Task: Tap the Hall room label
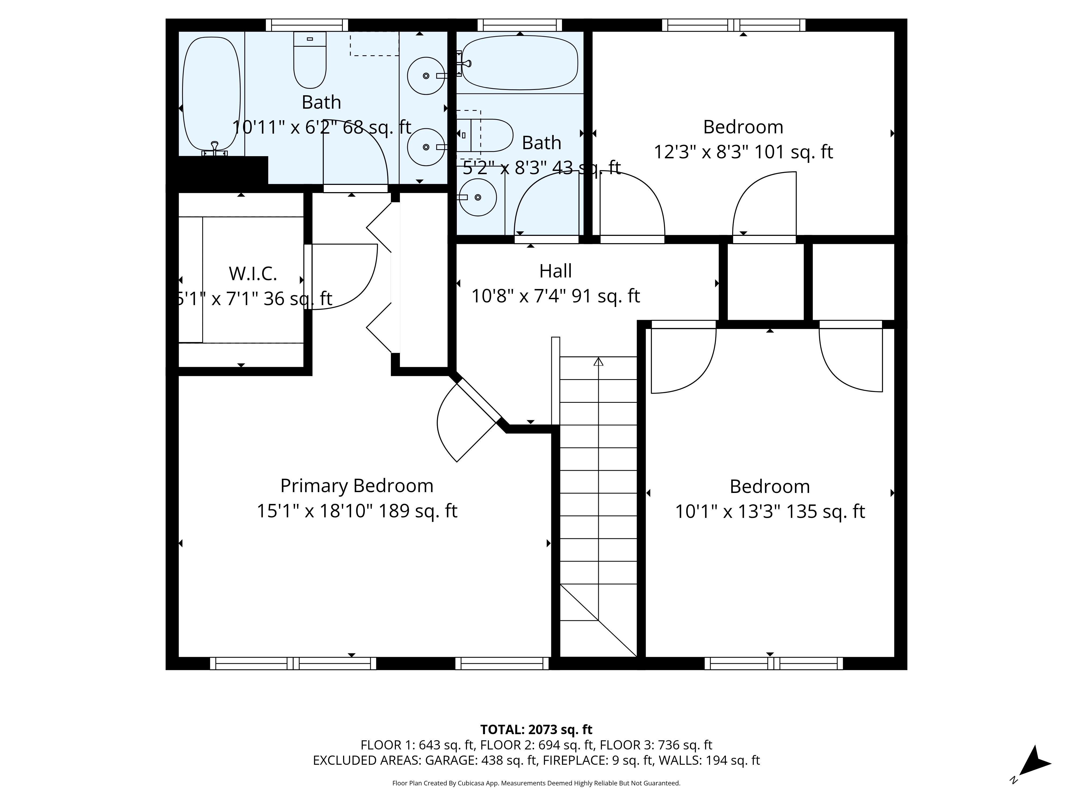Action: pos(556,271)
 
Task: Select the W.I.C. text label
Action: pos(253,274)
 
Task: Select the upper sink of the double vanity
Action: pos(425,76)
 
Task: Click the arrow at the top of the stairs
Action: pos(598,361)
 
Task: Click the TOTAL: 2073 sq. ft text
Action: pos(536,729)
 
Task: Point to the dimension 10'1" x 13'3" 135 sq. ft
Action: pos(770,511)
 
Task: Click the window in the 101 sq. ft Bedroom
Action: pos(733,25)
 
